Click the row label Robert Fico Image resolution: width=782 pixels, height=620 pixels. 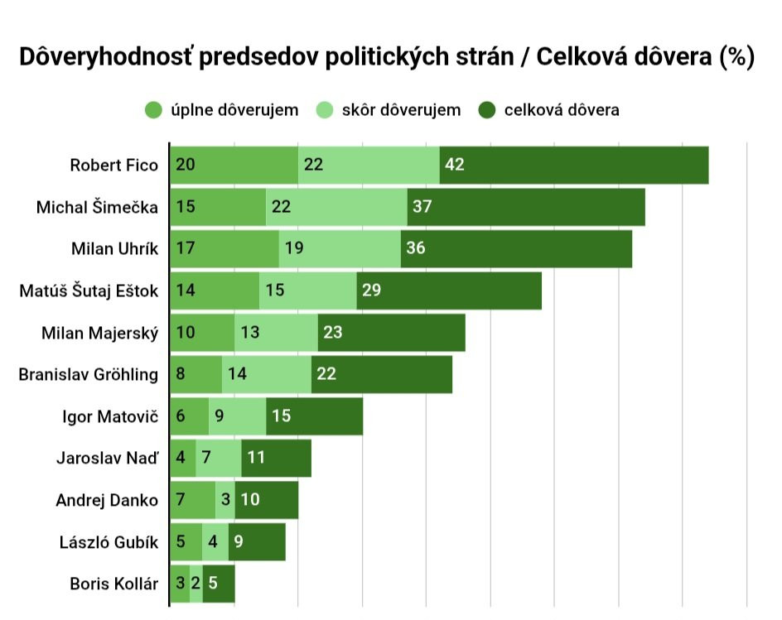113,165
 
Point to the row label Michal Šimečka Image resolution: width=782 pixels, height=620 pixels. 97,207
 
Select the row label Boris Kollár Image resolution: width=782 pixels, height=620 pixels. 113,584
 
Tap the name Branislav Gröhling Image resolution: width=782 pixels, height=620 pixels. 88,374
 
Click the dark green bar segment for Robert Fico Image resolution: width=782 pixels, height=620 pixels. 573,165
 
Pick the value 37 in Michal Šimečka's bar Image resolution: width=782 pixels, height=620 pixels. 422,207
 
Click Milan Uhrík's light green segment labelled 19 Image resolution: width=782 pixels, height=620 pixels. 340,248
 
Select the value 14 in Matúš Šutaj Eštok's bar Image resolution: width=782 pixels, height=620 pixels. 186,291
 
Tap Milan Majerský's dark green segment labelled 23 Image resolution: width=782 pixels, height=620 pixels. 391,333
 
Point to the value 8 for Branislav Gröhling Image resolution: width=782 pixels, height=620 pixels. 181,374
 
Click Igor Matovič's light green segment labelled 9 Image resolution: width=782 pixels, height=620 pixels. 237,416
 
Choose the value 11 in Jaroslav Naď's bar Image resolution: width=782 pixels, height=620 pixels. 256,458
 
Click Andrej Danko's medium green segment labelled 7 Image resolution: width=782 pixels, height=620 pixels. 192,500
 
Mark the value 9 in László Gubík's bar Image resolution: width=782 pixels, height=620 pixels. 238,542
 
